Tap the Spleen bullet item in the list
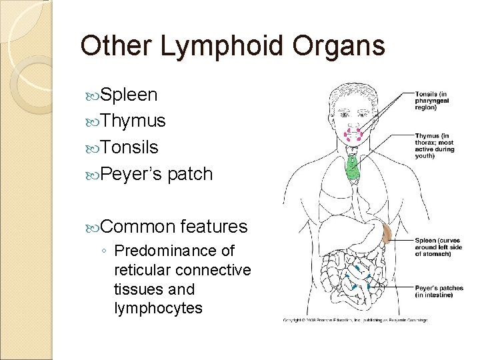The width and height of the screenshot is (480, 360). point(134,95)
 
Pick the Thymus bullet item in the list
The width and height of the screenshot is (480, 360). point(140,121)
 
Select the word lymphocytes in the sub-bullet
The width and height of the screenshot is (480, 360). point(159,309)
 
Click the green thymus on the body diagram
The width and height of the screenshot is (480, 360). point(351,166)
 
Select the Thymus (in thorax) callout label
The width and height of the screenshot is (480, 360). point(435,145)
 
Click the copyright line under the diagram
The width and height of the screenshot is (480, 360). point(353,320)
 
